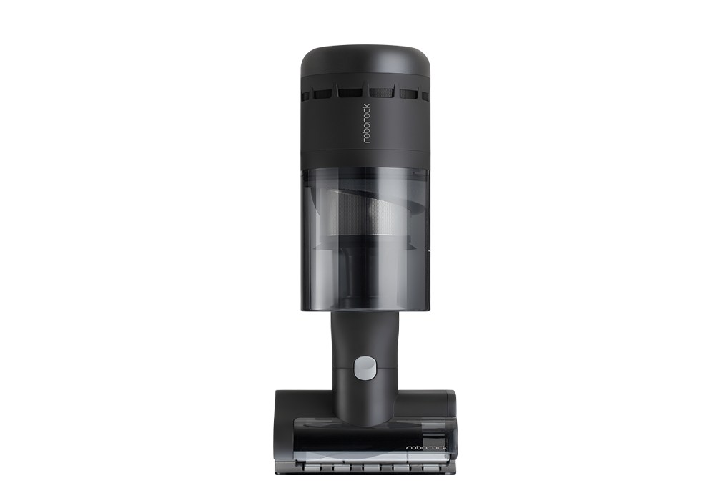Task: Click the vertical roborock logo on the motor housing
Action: (367, 124)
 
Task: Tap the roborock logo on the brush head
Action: (426, 448)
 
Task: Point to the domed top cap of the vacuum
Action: (365, 59)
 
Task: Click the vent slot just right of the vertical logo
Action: (382, 92)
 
